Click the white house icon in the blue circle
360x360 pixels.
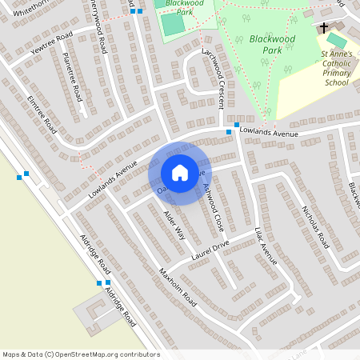pos(180,172)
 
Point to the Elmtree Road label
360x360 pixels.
pos(42,115)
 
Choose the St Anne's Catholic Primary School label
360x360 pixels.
pos(336,67)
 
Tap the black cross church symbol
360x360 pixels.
pos(324,28)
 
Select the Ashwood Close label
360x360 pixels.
pos(213,207)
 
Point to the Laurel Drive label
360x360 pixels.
pos(210,250)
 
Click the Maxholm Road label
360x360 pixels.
pos(177,286)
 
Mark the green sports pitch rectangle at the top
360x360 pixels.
pos(173,24)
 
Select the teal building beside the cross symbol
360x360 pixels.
pos(337,39)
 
